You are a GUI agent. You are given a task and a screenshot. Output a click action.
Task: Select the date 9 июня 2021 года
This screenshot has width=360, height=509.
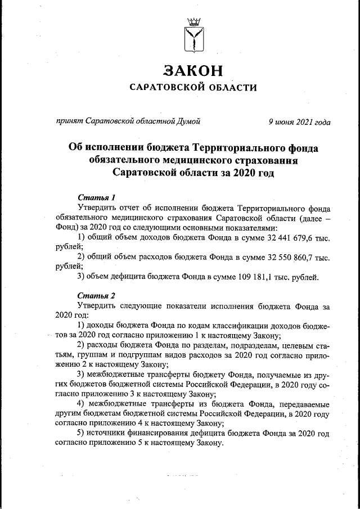pos(299,120)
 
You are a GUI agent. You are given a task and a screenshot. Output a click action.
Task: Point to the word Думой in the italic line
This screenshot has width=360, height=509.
pos(188,120)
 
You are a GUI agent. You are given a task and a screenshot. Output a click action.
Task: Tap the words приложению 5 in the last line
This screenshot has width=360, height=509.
pos(107,444)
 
